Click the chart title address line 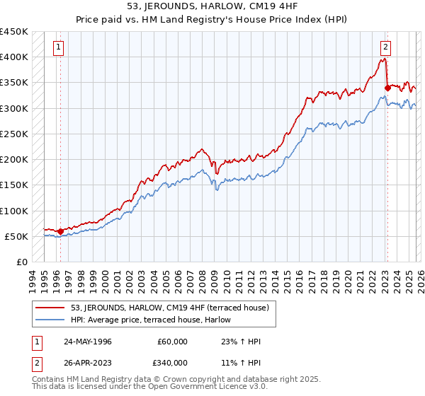pyautogui.click(x=212, y=6)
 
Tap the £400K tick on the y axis pyautogui.click(x=13, y=57)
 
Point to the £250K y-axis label pyautogui.click(x=13, y=134)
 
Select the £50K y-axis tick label pyautogui.click(x=16, y=236)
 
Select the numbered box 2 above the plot pyautogui.click(x=385, y=48)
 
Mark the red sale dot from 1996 pyautogui.click(x=61, y=231)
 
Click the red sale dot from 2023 pyautogui.click(x=387, y=88)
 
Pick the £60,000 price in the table pyautogui.click(x=173, y=341)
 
